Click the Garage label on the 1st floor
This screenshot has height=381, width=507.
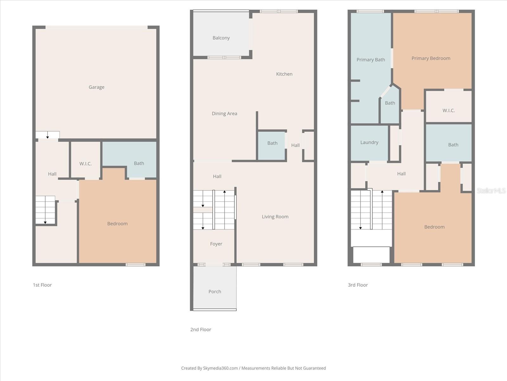pyautogui.click(x=96, y=87)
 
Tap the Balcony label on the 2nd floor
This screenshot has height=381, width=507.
pyautogui.click(x=221, y=38)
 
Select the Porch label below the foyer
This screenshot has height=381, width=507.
pyautogui.click(x=215, y=291)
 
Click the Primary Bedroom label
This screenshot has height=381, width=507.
pyautogui.click(x=431, y=58)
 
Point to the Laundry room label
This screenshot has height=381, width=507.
pyautogui.click(x=369, y=142)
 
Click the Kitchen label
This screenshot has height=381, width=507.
pyautogui.click(x=284, y=74)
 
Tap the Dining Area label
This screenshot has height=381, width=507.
pyautogui.click(x=224, y=113)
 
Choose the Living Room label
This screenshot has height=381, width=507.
pyautogui.click(x=275, y=217)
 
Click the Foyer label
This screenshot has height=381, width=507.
pyautogui.click(x=216, y=244)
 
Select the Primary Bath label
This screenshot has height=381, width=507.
pyautogui.click(x=370, y=60)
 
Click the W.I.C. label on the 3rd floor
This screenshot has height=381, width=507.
pyautogui.click(x=448, y=110)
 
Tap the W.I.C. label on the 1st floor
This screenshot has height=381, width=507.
pyautogui.click(x=85, y=164)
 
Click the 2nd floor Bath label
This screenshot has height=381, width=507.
pyautogui.click(x=272, y=143)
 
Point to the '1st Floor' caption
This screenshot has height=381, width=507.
pyautogui.click(x=42, y=285)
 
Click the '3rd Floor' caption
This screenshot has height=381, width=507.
pyautogui.click(x=357, y=285)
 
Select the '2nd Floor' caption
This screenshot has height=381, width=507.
pyautogui.click(x=201, y=330)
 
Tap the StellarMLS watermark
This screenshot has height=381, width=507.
pyautogui.click(x=491, y=190)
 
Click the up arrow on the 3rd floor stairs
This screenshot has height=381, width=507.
pyautogui.click(x=382, y=192)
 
